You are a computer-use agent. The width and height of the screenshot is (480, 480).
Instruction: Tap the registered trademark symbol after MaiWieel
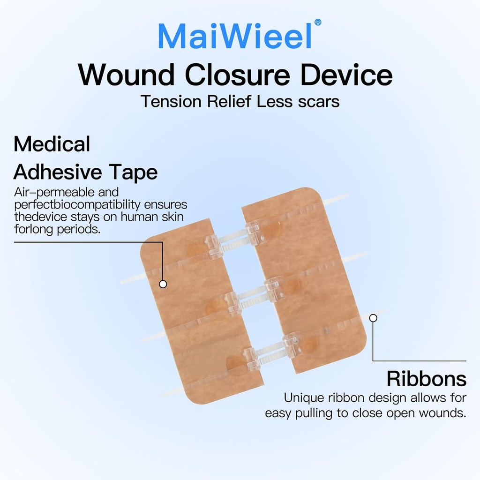point(318,22)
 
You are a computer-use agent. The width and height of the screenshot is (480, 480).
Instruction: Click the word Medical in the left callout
point(52,144)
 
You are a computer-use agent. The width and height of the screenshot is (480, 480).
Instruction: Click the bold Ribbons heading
point(426,379)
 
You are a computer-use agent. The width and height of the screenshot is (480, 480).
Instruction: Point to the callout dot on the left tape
point(163,284)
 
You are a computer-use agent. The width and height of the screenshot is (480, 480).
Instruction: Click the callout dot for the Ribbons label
point(373,318)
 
